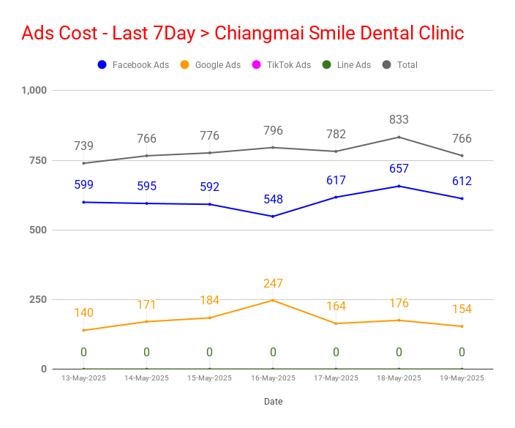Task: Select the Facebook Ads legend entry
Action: (133, 64)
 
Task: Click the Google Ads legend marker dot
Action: (184, 64)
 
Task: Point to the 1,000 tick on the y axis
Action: (34, 90)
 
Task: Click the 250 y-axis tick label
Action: (38, 299)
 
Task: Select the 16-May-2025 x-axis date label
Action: (273, 378)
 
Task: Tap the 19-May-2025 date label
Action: (462, 378)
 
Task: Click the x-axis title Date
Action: (274, 402)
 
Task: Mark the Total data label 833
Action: (399, 119)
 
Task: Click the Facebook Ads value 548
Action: (273, 199)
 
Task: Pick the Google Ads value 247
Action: (273, 283)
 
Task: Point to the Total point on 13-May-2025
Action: (83, 163)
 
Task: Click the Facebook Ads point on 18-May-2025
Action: (399, 187)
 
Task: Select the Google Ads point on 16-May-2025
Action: (273, 300)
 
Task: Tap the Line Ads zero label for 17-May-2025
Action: (336, 352)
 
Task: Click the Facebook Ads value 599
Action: (83, 184)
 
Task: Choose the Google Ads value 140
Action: (83, 312)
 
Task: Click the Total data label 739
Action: (83, 146)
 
